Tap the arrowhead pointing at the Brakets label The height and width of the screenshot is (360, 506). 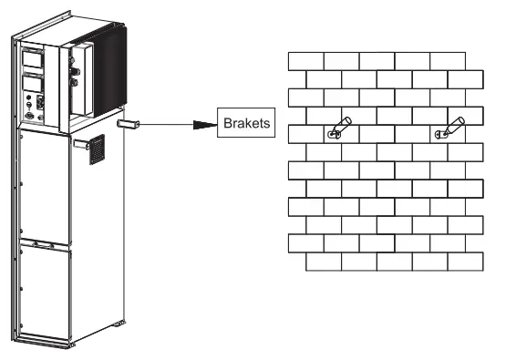206,123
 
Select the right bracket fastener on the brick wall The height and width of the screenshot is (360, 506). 448,129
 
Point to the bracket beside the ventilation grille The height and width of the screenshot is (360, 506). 80,142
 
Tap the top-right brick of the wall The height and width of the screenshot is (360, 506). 447,61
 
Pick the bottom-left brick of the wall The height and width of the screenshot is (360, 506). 324,262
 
